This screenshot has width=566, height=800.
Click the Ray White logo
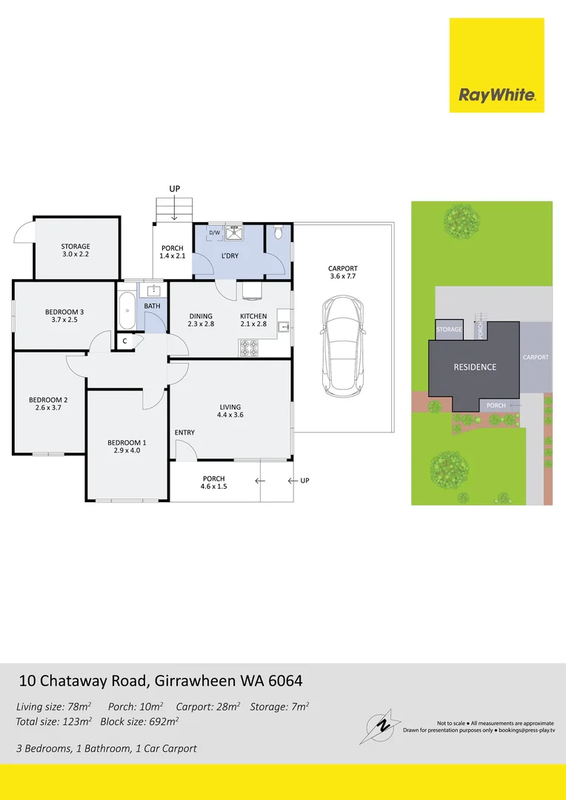496,65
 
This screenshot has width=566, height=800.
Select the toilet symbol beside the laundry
279,233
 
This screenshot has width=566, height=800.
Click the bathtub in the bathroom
127,310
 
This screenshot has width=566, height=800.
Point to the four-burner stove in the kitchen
249,348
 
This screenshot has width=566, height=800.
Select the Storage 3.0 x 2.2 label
76,250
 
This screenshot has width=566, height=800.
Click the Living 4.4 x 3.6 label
230,410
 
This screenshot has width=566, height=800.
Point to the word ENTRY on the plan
184,433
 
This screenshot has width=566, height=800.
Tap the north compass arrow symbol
380,724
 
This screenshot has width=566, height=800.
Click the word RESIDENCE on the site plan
475,367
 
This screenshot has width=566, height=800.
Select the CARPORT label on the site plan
536,357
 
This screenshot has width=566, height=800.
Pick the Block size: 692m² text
139,721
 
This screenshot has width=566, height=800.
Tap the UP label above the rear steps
175,189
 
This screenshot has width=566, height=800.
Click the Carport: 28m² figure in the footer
208,707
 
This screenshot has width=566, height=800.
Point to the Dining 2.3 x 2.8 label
200,320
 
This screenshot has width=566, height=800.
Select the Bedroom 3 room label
64,316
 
